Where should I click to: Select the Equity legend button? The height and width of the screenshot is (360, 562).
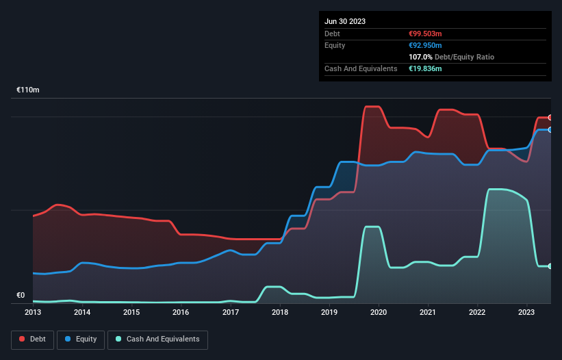click(x=81, y=339)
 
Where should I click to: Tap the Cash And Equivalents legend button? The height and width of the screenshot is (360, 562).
click(x=157, y=339)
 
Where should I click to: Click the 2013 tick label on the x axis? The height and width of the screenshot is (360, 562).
click(x=33, y=312)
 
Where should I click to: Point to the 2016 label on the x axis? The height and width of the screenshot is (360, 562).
click(x=181, y=312)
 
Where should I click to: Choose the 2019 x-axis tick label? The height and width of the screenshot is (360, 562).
click(x=329, y=312)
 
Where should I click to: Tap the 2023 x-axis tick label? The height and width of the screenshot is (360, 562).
click(x=526, y=312)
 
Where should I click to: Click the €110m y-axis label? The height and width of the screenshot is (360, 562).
click(x=28, y=90)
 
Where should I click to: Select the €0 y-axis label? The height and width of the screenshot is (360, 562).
click(x=21, y=296)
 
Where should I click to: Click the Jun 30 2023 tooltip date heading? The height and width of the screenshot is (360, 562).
click(x=345, y=21)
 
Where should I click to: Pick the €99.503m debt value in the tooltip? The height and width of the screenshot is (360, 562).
click(x=425, y=34)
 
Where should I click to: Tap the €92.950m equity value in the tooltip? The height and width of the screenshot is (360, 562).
click(x=425, y=45)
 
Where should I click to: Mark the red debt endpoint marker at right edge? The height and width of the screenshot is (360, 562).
click(x=550, y=118)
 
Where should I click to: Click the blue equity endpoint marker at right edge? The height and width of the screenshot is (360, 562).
click(x=550, y=129)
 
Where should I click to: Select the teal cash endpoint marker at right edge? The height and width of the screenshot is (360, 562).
click(x=550, y=266)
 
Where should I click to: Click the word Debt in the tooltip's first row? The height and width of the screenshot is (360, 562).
click(x=333, y=34)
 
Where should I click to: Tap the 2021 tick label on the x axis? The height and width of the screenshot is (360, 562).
click(x=428, y=312)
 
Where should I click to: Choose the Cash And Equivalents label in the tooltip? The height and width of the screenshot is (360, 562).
click(x=361, y=68)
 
